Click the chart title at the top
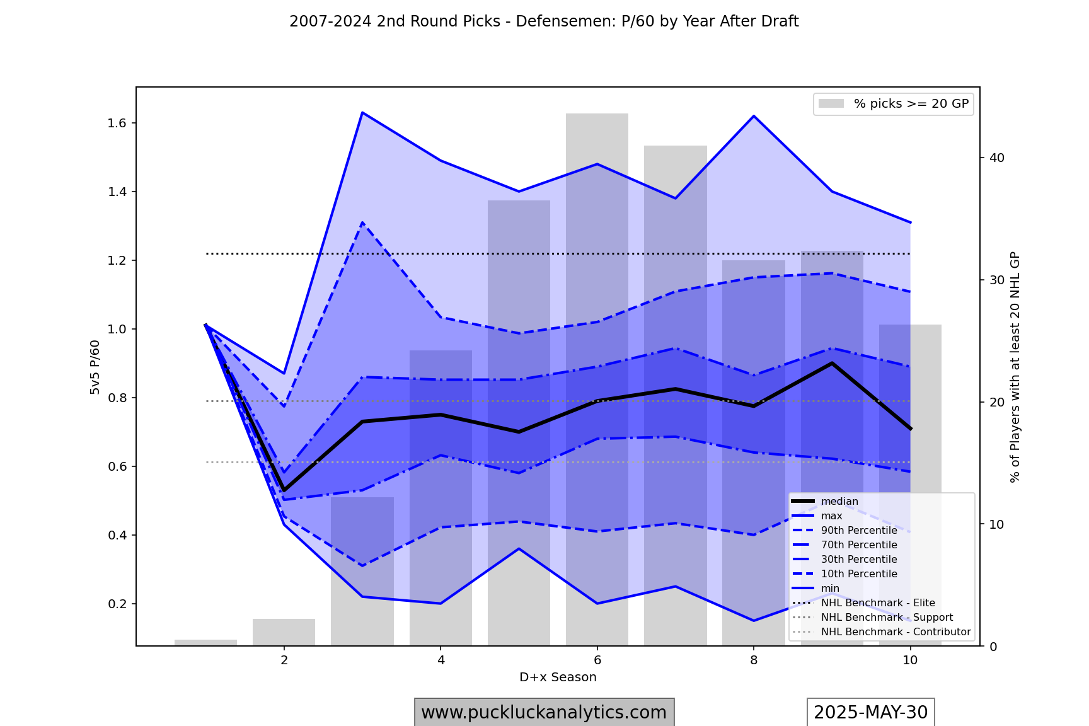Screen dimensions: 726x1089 [x=544, y=21]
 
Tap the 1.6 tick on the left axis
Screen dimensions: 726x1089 [x=118, y=123]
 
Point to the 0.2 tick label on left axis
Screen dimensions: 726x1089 [x=118, y=604]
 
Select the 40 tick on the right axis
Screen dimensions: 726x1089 [x=997, y=158]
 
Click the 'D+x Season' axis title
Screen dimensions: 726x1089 [x=558, y=677]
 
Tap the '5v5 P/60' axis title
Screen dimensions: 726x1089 [x=95, y=367]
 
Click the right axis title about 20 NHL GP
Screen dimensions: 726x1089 [x=1015, y=367]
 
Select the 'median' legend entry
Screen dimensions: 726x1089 [x=839, y=502]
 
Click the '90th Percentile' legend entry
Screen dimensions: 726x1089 [x=858, y=531]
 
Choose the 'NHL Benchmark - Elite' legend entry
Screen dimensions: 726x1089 [x=877, y=603]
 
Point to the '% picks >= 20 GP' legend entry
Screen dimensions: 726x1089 [x=911, y=104]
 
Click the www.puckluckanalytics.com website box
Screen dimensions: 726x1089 [x=544, y=712]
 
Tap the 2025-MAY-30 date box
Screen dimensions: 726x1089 [x=870, y=712]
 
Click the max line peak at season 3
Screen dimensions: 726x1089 [x=362, y=113]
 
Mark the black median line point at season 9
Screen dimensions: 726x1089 [x=832, y=363]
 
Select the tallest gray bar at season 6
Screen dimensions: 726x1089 [x=597, y=252]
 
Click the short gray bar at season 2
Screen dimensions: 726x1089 [x=284, y=632]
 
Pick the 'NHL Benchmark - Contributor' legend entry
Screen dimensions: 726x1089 [x=895, y=632]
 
